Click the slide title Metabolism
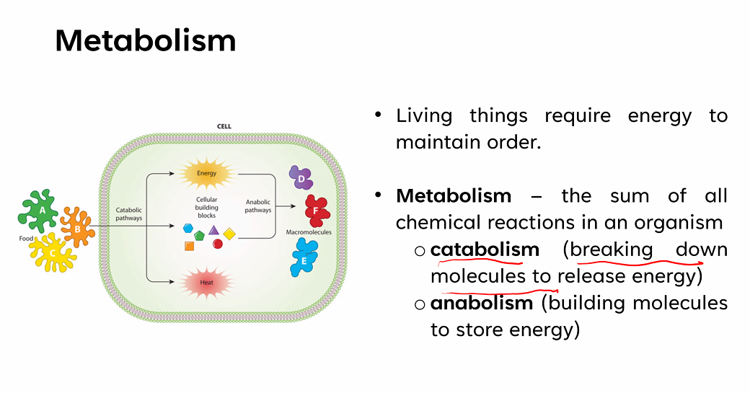tap(145, 41)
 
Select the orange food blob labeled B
tap(77, 229)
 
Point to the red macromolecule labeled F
tap(316, 209)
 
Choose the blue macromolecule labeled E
tap(304, 257)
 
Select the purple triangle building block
tap(213, 230)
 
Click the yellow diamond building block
tap(229, 234)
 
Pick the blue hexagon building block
tap(188, 229)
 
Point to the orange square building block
tap(189, 246)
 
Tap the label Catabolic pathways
tap(130, 214)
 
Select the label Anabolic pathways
tap(258, 206)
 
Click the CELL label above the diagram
tap(224, 126)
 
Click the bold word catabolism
tap(485, 250)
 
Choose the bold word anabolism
tap(481, 304)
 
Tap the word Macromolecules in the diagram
tap(308, 233)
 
